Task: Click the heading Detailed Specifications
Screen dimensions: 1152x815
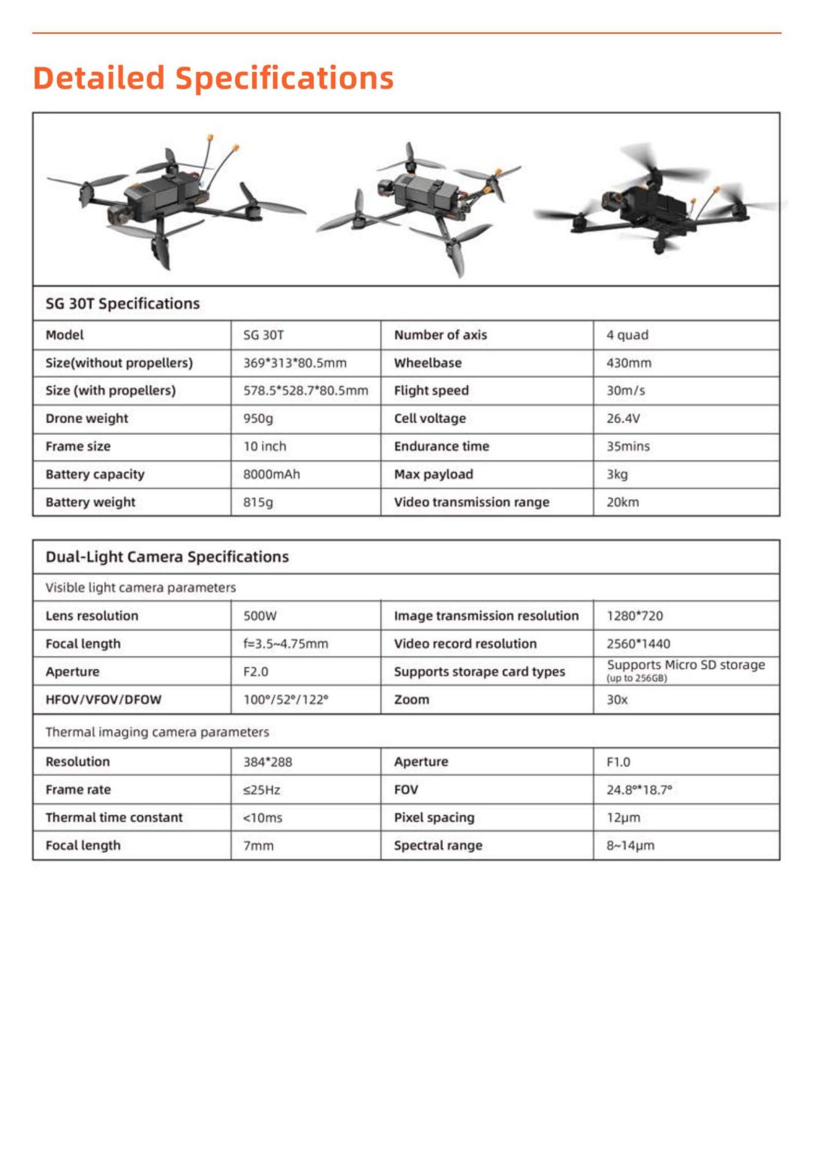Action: coord(213,78)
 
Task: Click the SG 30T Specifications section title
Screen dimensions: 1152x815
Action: coord(122,304)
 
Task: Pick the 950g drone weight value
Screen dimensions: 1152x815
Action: coord(258,418)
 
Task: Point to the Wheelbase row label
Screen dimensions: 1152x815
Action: coord(428,363)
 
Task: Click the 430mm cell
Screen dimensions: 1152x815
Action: coord(629,363)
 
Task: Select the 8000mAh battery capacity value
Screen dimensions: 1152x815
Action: coord(271,474)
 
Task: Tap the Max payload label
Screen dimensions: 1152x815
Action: coord(433,474)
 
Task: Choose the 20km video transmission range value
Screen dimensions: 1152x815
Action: coord(623,502)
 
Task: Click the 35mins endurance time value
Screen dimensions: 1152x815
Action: coord(628,446)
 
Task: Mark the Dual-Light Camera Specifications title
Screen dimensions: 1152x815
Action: coord(167,557)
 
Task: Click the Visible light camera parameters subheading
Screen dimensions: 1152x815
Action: coord(140,588)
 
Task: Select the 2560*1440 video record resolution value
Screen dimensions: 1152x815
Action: coord(638,643)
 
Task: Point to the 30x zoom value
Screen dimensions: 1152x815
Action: coord(617,700)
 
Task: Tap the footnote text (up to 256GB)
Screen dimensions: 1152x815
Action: coord(636,679)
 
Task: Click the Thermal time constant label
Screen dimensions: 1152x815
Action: coord(114,817)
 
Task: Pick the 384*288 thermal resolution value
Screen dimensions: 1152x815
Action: coord(267,762)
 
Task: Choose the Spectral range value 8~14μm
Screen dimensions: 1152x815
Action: coord(630,846)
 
